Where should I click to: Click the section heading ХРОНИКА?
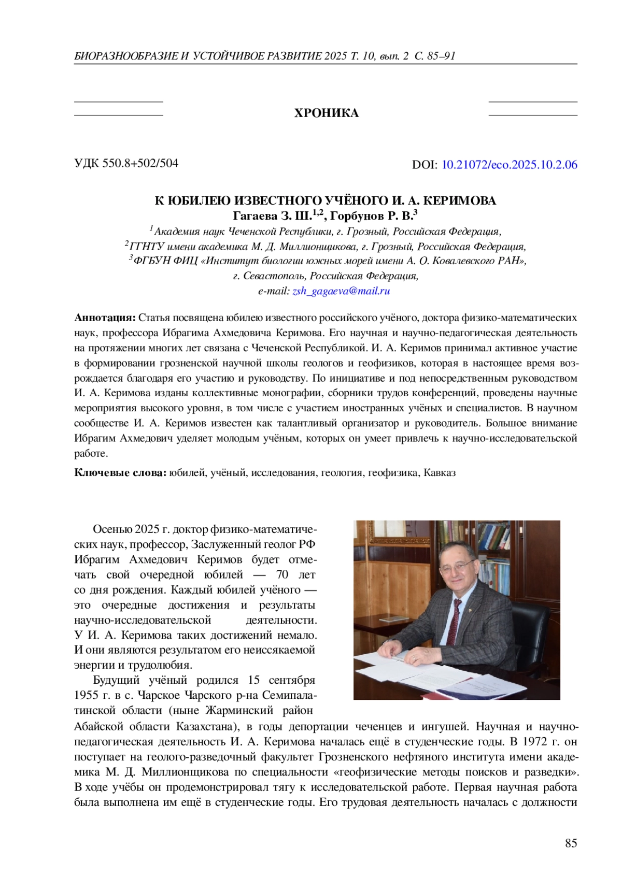point(326,113)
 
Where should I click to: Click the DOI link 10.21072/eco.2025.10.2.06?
point(509,165)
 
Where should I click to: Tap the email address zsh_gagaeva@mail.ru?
point(341,291)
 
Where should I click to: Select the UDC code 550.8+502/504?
point(140,163)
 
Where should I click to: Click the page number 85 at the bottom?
point(571,843)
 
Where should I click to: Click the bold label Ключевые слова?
point(120,472)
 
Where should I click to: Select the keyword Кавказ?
point(440,472)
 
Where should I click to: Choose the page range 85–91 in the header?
point(442,56)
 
